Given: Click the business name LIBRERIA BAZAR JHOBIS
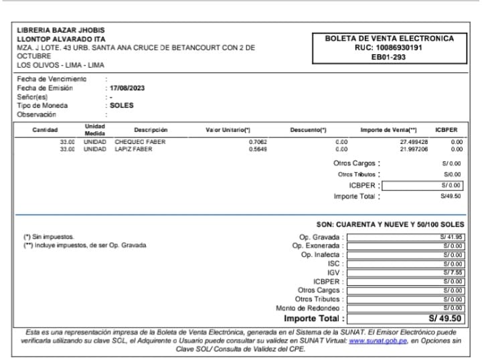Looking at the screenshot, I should point(61,30).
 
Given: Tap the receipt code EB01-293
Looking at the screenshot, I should point(389,58).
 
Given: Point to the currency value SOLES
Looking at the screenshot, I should point(122,106).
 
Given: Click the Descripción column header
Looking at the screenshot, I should point(151,130).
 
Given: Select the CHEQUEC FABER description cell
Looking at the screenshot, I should point(140,142).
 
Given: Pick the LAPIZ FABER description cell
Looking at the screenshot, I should point(134,149).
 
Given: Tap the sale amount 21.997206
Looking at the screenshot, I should point(414,149).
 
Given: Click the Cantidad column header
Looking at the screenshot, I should point(46,130).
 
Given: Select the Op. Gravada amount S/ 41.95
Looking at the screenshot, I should point(452,237).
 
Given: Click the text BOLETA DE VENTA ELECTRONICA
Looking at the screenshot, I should point(389,39).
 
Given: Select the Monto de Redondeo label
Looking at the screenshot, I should point(309,308).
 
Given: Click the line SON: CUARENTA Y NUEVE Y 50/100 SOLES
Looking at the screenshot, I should point(390,224).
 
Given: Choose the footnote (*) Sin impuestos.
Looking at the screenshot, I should point(50,237).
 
